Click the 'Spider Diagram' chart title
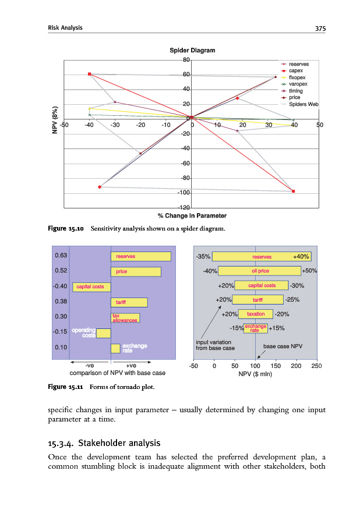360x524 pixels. click(x=192, y=50)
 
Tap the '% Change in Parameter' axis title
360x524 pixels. click(x=192, y=216)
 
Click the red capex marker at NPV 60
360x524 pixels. click(x=90, y=74)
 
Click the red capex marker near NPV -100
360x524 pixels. click(x=293, y=191)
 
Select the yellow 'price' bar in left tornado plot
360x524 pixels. click(x=136, y=271)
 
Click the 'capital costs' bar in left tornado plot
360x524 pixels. click(x=91, y=286)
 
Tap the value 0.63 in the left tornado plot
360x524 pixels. click(x=61, y=255)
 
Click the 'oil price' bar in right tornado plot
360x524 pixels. click(x=260, y=271)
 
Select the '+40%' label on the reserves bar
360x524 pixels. click(x=302, y=256)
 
